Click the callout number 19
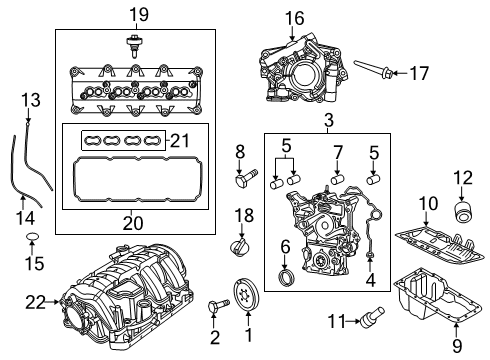click(x=130, y=13)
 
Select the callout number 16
click(x=293, y=17)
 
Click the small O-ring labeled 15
click(x=32, y=240)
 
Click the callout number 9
click(x=457, y=348)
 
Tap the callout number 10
click(x=428, y=205)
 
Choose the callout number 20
click(x=129, y=222)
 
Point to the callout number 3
click(x=328, y=121)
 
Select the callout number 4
click(x=371, y=281)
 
